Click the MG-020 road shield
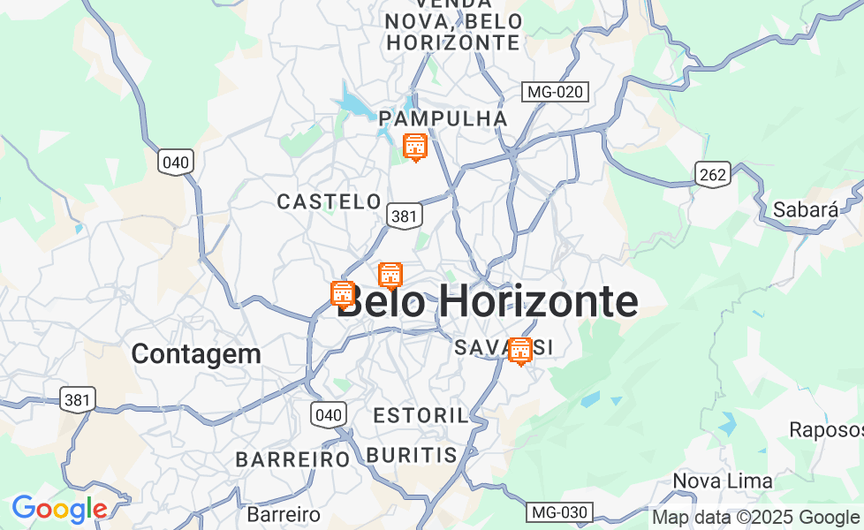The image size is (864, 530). [555, 91]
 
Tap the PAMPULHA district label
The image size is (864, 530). [443, 118]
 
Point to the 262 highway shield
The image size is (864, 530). [712, 174]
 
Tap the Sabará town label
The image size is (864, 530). [805, 210]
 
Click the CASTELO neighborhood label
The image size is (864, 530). [329, 202]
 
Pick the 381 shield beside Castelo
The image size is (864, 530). [405, 216]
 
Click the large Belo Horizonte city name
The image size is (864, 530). [489, 302]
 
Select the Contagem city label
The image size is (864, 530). [196, 354]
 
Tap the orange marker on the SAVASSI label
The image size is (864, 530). [520, 350]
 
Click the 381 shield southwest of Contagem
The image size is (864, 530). [77, 399]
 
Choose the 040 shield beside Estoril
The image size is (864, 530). [328, 413]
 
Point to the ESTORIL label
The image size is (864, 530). [420, 415]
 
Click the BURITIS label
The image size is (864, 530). [411, 455]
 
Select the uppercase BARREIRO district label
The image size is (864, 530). [293, 459]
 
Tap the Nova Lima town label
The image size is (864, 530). [723, 481]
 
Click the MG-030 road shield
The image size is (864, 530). [558, 511]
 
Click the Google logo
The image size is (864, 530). [59, 509]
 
